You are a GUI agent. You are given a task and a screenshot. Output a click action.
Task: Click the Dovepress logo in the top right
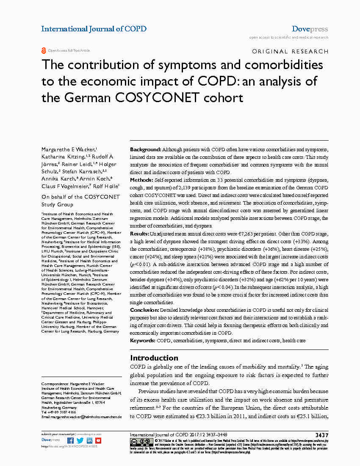[x=310, y=29]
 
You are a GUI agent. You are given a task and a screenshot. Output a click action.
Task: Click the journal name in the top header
[x=94, y=29]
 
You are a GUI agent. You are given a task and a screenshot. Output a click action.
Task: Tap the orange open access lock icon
[x=44, y=50]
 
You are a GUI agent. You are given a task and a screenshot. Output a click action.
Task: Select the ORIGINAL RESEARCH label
[x=290, y=51]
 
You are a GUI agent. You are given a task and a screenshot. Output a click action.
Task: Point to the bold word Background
[x=145, y=150]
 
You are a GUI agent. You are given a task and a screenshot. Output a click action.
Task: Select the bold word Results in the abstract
[x=139, y=233]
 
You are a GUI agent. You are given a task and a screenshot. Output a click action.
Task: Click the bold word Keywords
[x=143, y=340]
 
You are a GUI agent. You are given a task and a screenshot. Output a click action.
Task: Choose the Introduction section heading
[x=154, y=358]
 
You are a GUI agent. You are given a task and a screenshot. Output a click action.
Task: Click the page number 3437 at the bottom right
[x=321, y=435]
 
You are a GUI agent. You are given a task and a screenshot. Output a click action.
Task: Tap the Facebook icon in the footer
[x=70, y=441]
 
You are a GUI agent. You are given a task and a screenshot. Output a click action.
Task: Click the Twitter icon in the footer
[x=80, y=441]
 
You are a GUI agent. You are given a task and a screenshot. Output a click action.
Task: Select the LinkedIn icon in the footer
[x=89, y=441]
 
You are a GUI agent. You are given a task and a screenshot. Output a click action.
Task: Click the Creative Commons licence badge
[x=137, y=442]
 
